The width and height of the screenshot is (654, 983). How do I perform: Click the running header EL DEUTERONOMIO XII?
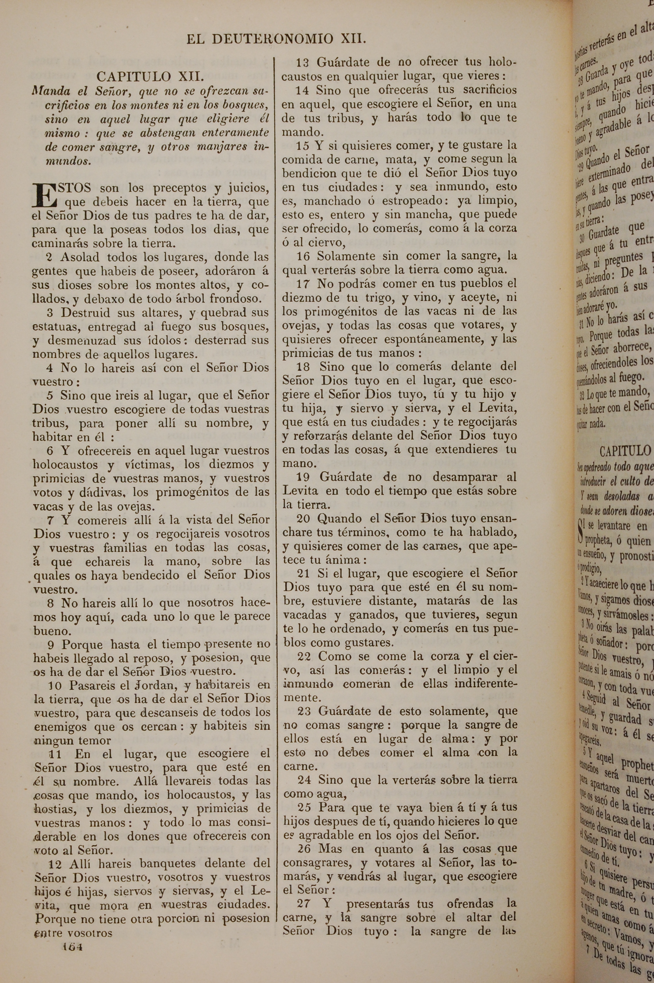(276, 39)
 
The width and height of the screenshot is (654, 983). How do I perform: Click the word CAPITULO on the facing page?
(624, 451)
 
